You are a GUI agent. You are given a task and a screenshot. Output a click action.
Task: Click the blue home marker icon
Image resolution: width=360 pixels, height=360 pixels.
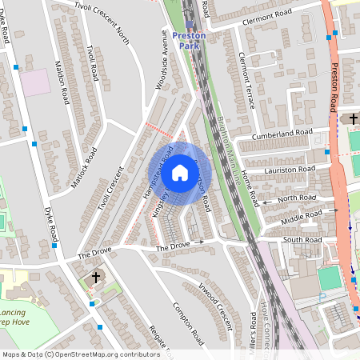coord(180,171)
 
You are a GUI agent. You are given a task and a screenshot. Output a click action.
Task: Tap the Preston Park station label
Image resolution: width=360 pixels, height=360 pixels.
coord(189,41)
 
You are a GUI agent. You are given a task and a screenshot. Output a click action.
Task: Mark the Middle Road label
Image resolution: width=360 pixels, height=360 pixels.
coord(302,214)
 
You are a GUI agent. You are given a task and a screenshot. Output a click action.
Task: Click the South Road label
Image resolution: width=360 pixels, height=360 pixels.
coord(302,239)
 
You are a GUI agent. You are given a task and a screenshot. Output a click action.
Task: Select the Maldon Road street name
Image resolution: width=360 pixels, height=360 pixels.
coord(64,85)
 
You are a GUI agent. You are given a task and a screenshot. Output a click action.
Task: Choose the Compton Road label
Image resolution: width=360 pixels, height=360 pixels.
coord(186,320)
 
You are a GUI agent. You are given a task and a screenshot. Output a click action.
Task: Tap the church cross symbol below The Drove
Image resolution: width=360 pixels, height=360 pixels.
coord(96,278)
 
